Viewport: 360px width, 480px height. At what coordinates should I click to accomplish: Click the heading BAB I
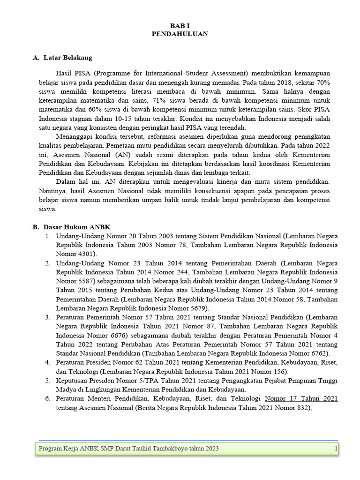pos(180,26)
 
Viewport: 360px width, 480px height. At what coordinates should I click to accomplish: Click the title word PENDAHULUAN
pos(180,34)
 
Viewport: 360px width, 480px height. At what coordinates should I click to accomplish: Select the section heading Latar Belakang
pos(67,58)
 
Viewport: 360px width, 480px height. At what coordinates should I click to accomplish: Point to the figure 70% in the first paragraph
pos(321,82)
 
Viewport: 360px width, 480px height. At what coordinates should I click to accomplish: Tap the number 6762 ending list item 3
pos(318,353)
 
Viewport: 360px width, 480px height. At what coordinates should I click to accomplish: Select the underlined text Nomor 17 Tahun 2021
pos(301,398)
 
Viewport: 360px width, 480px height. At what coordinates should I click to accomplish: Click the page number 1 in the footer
pos(336,449)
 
